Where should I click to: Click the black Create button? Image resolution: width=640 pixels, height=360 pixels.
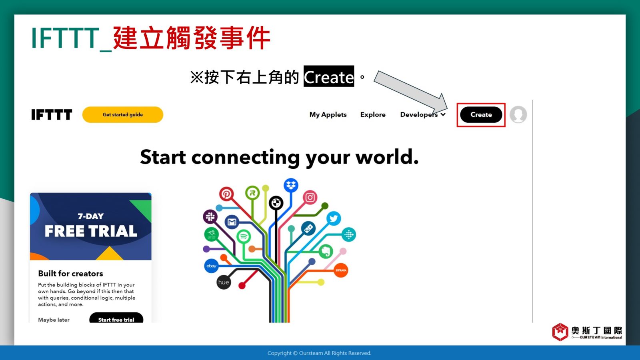click(x=481, y=114)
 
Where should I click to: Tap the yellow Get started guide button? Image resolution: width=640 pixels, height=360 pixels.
click(x=122, y=114)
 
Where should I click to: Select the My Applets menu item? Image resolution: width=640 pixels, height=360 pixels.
click(x=328, y=114)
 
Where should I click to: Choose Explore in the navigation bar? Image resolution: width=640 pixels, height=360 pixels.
click(x=373, y=114)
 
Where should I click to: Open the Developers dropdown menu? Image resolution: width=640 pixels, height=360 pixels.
click(x=423, y=114)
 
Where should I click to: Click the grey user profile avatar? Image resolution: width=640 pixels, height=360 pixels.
click(x=518, y=114)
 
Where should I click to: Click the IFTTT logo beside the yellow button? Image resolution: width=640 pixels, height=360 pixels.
click(x=52, y=114)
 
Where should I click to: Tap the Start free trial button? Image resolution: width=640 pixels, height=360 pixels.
click(x=116, y=318)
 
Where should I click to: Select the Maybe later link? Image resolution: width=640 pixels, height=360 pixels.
click(x=54, y=320)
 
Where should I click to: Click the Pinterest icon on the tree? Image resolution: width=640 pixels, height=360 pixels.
click(x=226, y=194)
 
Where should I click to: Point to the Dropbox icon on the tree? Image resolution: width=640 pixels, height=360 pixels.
click(x=291, y=186)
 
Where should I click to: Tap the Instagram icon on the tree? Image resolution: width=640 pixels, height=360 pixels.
click(x=310, y=198)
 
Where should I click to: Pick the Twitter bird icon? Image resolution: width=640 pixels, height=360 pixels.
click(x=334, y=218)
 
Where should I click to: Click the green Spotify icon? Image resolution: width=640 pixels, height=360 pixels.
click(x=244, y=236)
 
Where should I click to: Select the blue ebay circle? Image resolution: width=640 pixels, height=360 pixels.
click(x=212, y=266)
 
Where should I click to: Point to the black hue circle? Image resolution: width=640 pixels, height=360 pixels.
click(x=224, y=282)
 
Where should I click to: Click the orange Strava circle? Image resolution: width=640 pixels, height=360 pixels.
click(x=341, y=270)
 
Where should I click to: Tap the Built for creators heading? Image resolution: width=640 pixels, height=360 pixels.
click(x=70, y=274)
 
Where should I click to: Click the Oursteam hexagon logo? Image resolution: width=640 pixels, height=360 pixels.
click(x=560, y=332)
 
